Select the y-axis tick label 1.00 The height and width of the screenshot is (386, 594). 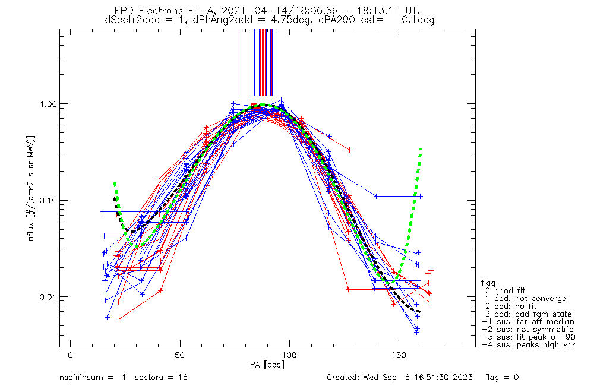pos(46,103)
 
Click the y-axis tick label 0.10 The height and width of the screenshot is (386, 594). pos(46,200)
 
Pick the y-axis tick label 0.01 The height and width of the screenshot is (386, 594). pos(46,297)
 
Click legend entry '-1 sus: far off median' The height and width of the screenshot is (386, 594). pos(527,322)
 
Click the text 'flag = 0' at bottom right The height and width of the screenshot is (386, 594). pos(503,378)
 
